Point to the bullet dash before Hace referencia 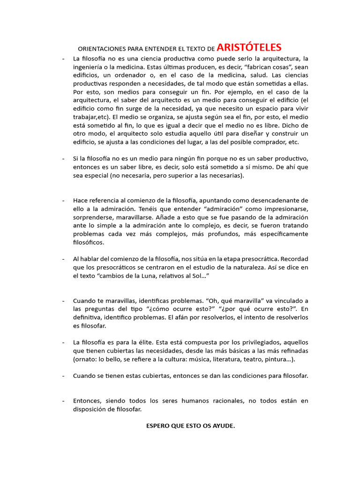point(63,200)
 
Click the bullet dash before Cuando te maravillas point(63,300)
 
